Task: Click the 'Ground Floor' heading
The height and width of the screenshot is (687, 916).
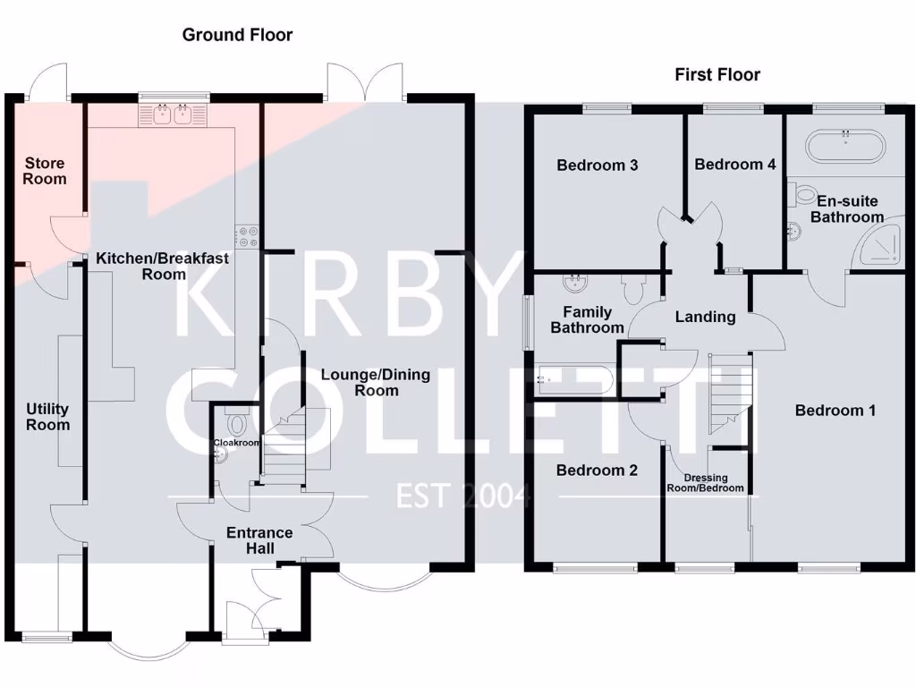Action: click(237, 35)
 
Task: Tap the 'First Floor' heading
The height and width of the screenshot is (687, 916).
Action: click(717, 74)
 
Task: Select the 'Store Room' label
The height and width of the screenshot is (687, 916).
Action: click(45, 171)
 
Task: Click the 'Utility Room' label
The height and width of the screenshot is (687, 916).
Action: click(47, 417)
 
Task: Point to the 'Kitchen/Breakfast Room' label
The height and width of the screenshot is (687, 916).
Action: click(163, 266)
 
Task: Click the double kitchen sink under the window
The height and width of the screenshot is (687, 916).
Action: click(174, 115)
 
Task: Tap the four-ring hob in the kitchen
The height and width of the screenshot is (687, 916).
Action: click(248, 235)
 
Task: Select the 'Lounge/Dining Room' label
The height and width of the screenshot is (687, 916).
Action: click(376, 383)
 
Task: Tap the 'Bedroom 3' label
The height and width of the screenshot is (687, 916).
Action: click(597, 165)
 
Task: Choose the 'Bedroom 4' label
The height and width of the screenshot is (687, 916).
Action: click(734, 165)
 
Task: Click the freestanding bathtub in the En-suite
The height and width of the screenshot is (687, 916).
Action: click(844, 145)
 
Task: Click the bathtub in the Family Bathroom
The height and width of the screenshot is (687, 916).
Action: click(574, 380)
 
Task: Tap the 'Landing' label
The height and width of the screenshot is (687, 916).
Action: click(705, 316)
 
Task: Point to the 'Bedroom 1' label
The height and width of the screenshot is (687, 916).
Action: click(835, 411)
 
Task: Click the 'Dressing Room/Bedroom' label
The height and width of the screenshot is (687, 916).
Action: click(706, 483)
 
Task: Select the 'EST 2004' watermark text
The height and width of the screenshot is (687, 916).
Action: click(464, 495)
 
